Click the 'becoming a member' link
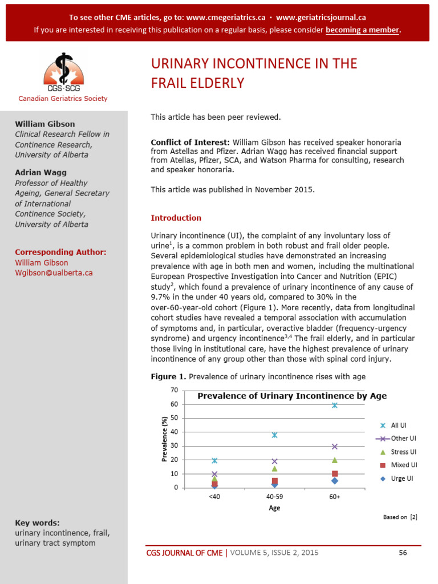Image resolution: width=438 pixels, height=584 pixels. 362,30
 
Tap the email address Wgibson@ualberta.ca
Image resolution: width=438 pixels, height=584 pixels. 54,273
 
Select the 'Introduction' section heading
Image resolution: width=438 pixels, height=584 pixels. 176,218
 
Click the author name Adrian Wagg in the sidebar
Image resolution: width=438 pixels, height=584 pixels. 41,172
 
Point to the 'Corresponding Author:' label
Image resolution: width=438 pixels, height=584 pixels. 60,252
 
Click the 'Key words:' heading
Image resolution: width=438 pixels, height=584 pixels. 37,522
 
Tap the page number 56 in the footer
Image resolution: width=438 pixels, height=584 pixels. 403,552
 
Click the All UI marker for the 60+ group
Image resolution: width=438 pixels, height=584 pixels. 335,405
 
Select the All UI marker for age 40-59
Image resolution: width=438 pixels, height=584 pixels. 274,435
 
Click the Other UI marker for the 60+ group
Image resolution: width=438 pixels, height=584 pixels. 335,447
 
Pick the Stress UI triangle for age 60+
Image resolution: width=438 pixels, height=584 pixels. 335,460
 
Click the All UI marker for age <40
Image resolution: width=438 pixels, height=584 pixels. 214,460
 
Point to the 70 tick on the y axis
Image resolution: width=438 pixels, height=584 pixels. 174,390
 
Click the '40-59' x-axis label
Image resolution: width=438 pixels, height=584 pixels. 274,497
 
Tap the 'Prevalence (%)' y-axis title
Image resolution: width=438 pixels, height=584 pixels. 164,439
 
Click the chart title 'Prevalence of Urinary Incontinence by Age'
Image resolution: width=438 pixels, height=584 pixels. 292,396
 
